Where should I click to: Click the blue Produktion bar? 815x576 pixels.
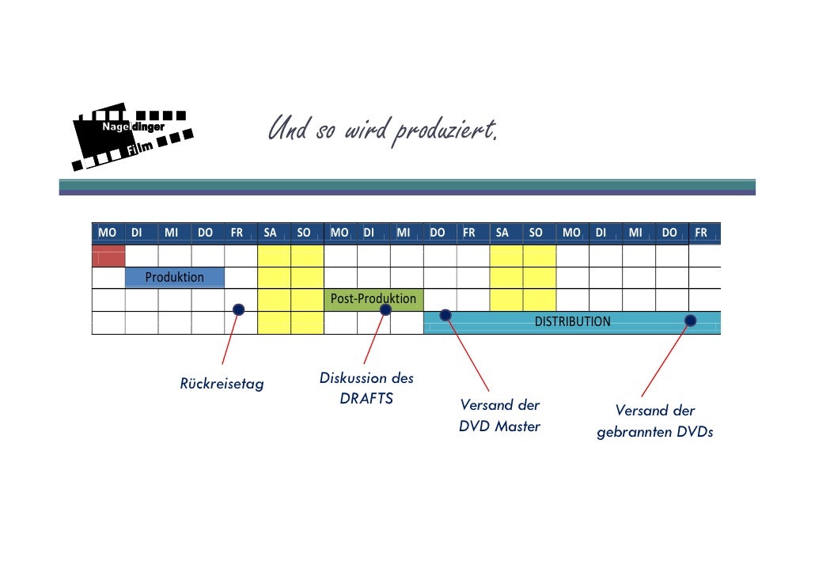coord(175,278)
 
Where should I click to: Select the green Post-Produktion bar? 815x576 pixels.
coord(373,299)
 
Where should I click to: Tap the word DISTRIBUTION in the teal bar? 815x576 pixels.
coord(573,322)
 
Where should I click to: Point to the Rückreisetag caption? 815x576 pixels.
coord(222,385)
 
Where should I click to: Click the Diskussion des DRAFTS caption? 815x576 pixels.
coord(366,388)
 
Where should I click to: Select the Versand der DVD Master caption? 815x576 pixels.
coord(500,416)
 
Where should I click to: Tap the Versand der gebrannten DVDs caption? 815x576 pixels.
coord(655,422)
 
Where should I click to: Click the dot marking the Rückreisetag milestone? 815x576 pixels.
coord(238,309)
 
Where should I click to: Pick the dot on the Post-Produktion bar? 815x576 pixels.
coord(385,309)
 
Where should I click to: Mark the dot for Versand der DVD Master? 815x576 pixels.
coord(445,316)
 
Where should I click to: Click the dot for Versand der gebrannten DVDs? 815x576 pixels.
coord(691,320)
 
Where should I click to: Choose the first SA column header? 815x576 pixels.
coord(271,233)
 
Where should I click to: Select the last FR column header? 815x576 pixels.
coord(701,233)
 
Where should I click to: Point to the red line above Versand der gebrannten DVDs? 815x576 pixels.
coord(665,360)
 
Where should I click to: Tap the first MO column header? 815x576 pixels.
coord(108,233)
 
